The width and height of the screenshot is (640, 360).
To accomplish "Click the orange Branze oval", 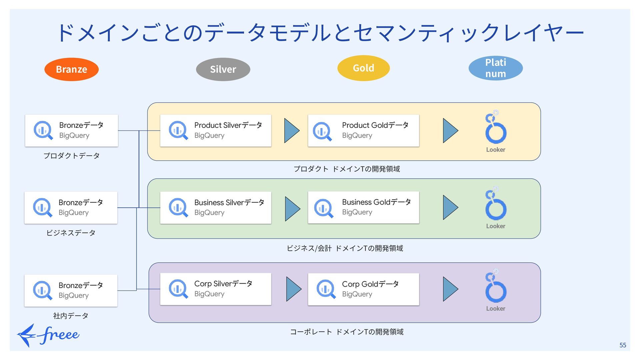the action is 71,69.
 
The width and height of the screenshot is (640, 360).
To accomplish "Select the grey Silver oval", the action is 223,69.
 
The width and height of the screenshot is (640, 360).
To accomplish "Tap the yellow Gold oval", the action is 363,68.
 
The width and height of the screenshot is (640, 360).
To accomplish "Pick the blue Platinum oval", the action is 496,68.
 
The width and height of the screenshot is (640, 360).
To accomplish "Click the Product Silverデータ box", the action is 216,131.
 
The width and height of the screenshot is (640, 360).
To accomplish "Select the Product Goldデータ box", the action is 363,131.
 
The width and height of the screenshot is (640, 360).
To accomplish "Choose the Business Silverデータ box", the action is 216,208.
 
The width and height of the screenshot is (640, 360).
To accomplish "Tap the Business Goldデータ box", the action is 363,207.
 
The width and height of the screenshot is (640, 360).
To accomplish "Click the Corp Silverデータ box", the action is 216,289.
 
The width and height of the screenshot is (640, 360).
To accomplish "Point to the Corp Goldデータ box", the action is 363,289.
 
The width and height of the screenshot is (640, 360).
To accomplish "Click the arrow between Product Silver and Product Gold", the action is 292,131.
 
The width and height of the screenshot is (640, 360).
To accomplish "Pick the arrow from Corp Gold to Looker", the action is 450,289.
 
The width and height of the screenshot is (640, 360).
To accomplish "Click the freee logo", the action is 48,335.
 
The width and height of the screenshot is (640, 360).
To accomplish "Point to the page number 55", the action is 623,345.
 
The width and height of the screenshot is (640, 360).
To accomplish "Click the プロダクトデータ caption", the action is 71,156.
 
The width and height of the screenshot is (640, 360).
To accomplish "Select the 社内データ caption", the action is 71,316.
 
